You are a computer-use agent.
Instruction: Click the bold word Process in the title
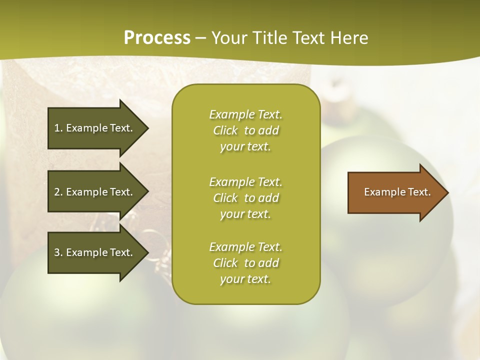pyautogui.click(x=157, y=38)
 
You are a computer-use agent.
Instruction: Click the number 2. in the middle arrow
pyautogui.click(x=58, y=192)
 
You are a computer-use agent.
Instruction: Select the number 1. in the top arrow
pyautogui.click(x=58, y=128)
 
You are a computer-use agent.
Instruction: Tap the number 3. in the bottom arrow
pyautogui.click(x=58, y=252)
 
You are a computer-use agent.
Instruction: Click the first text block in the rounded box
pyautogui.click(x=246, y=130)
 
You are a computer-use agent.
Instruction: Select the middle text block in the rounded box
pyautogui.click(x=246, y=198)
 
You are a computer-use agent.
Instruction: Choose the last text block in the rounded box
pyautogui.click(x=246, y=263)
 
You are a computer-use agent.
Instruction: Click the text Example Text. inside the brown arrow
pyautogui.click(x=397, y=192)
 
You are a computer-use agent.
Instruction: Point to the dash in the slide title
pyautogui.click(x=200, y=38)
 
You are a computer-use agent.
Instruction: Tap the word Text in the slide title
pyautogui.click(x=307, y=38)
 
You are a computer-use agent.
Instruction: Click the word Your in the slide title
pyautogui.click(x=228, y=38)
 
